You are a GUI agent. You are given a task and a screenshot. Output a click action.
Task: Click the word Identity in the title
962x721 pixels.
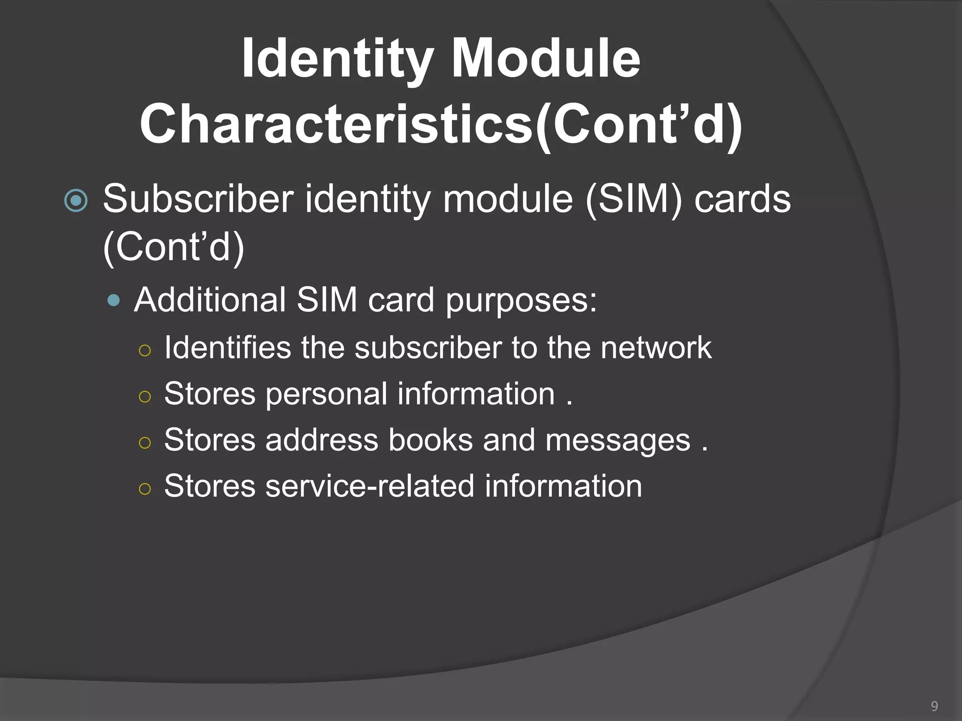[x=337, y=59]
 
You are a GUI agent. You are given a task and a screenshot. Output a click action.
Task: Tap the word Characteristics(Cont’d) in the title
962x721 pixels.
[x=441, y=124]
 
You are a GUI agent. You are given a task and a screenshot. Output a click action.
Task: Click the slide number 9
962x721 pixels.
[x=934, y=706]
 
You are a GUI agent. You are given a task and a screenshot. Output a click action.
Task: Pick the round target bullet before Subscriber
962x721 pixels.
[x=76, y=201]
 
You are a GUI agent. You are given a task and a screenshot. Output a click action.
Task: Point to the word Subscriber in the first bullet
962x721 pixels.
[x=198, y=199]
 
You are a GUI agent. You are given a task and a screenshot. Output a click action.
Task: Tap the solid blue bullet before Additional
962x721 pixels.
[x=114, y=300]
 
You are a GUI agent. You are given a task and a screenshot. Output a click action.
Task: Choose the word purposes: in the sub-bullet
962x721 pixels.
[x=521, y=300]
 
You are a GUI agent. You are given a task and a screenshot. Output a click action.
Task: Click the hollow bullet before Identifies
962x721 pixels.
[x=145, y=350]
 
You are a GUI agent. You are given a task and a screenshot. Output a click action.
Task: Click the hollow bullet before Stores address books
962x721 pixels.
[x=145, y=443]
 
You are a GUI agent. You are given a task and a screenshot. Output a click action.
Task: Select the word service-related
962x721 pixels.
[x=370, y=486]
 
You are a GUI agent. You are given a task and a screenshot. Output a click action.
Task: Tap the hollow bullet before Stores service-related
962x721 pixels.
[x=145, y=489]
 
